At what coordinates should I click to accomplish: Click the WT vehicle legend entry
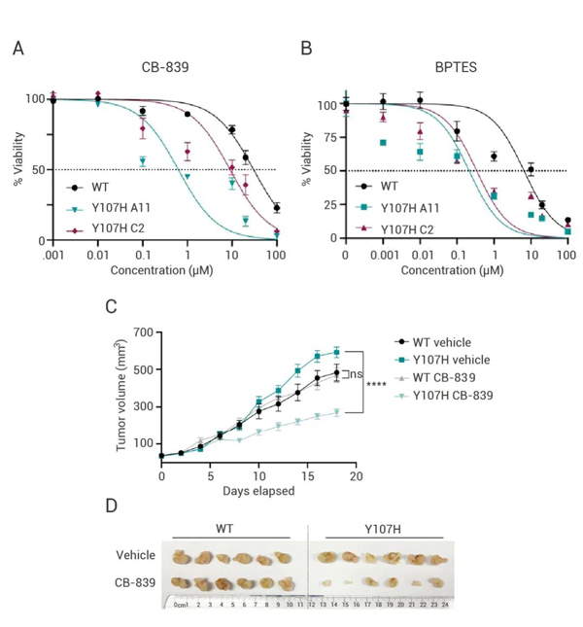click(x=445, y=342)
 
